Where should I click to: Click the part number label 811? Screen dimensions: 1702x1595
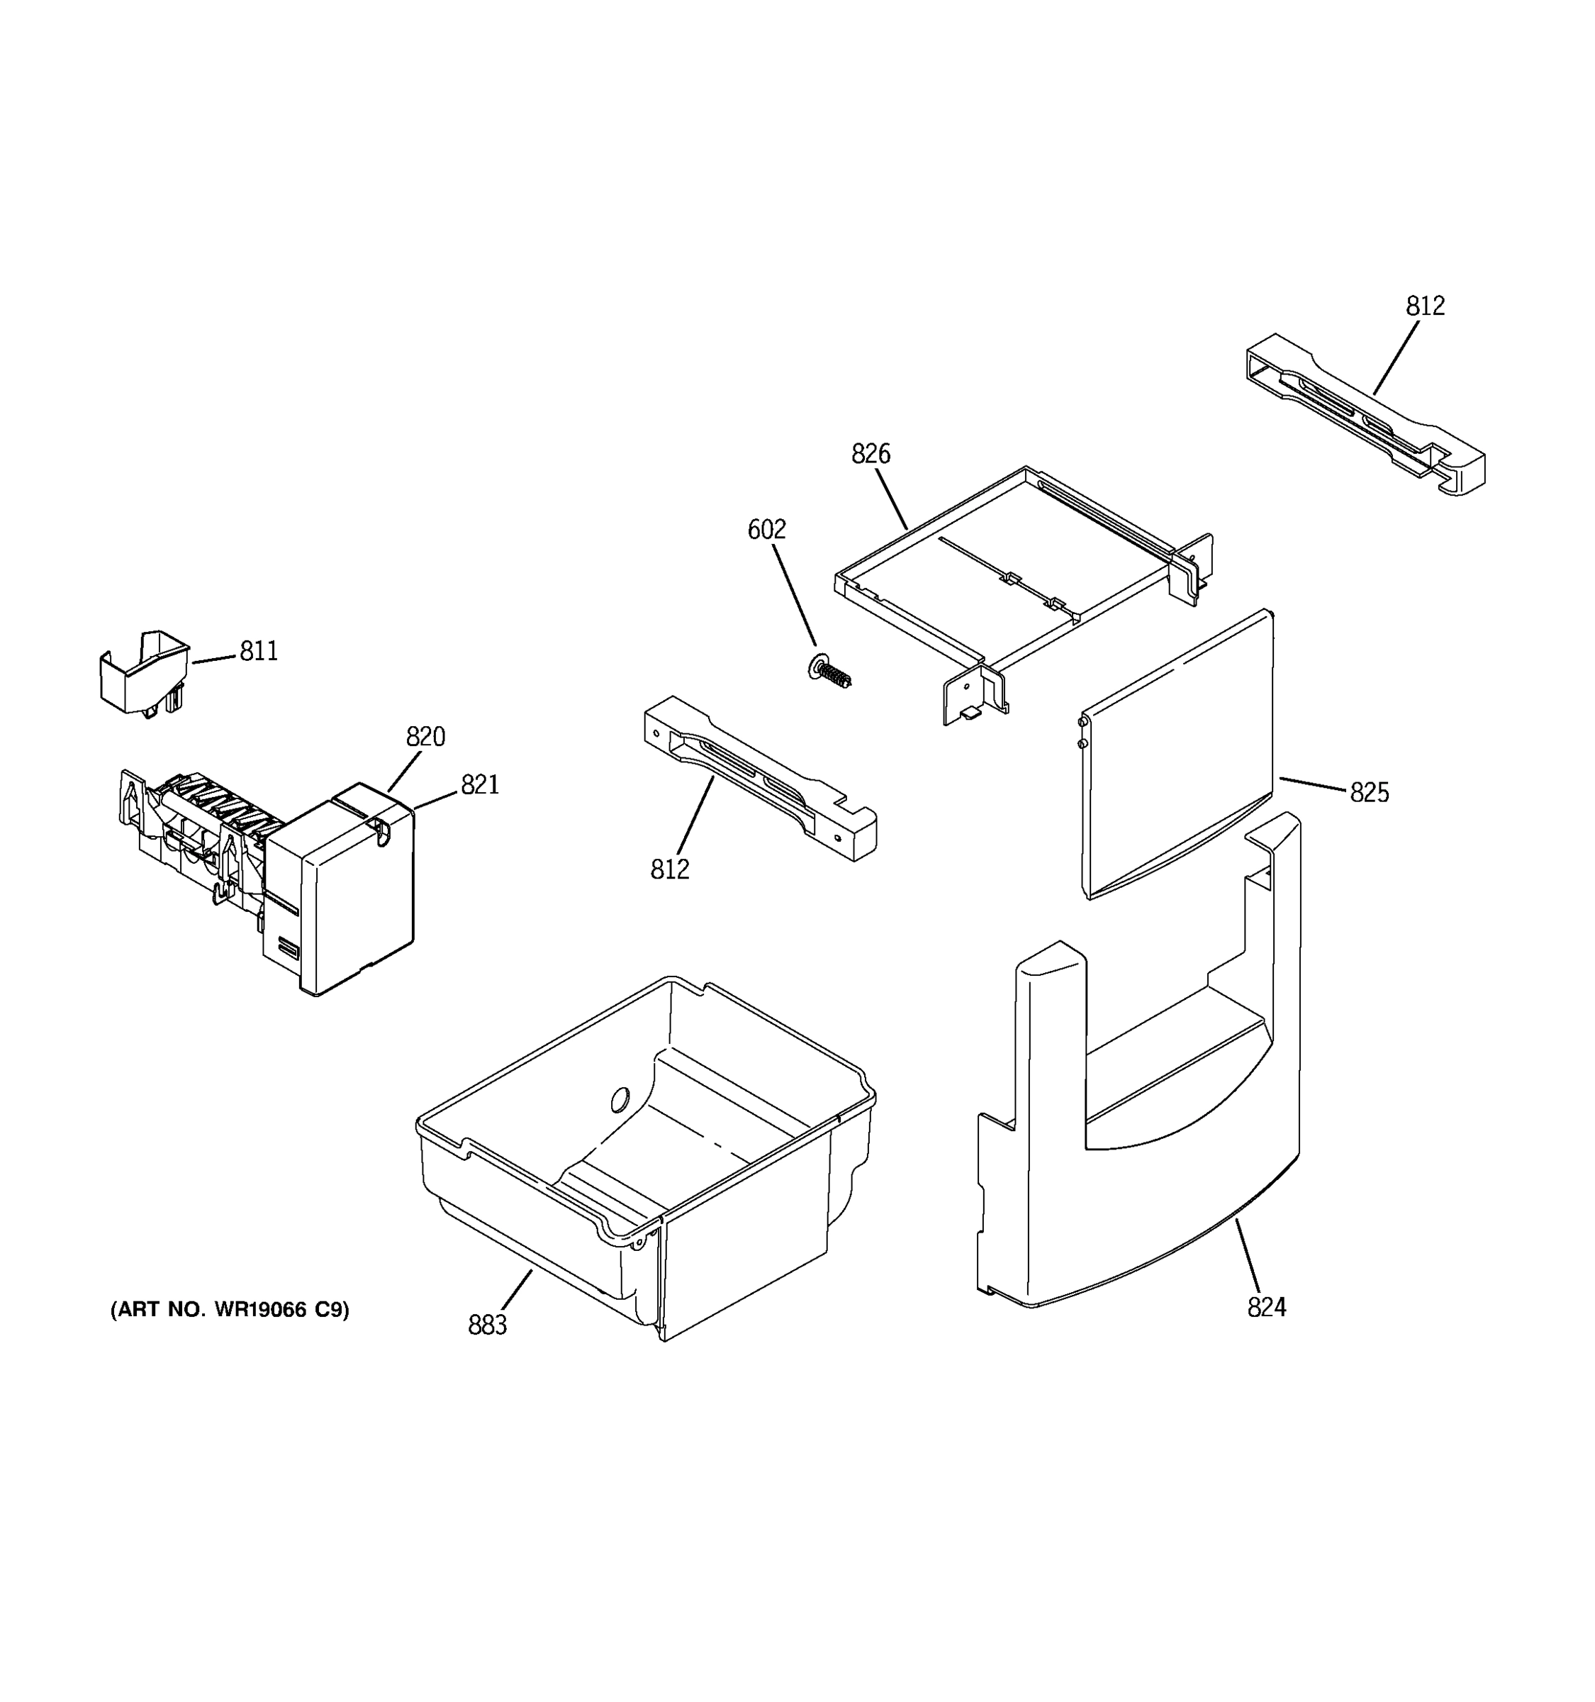259,652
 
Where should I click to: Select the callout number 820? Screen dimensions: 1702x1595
425,736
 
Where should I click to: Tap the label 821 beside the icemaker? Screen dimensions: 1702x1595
480,784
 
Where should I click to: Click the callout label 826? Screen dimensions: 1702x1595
871,454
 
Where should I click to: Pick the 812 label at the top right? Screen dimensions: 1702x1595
1425,306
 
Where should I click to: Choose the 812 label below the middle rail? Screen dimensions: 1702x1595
669,870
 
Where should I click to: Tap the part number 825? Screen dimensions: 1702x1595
1369,793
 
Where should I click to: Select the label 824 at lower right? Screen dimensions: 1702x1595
1266,1307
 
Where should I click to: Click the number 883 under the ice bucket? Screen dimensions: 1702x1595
487,1325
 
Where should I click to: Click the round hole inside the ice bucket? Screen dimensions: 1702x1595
620,1099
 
